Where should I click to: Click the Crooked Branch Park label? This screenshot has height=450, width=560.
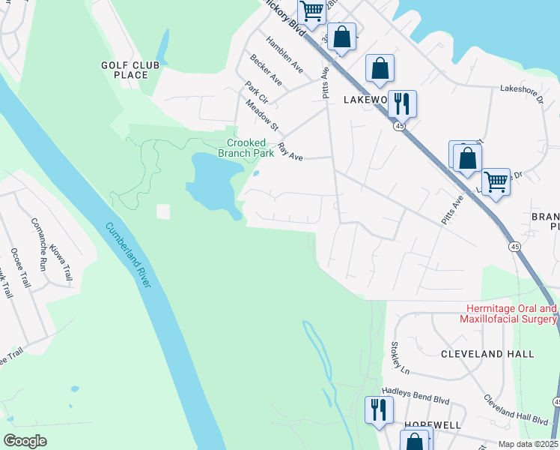[246, 148]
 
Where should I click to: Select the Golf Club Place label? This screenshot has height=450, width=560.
[130, 70]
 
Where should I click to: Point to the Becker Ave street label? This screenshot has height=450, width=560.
[267, 68]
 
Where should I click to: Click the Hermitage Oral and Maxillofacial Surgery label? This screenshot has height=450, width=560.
[512, 314]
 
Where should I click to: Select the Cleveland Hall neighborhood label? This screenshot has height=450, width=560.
[487, 353]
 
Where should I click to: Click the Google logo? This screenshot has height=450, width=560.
[25, 440]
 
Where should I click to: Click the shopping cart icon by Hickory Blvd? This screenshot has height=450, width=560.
[311, 11]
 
